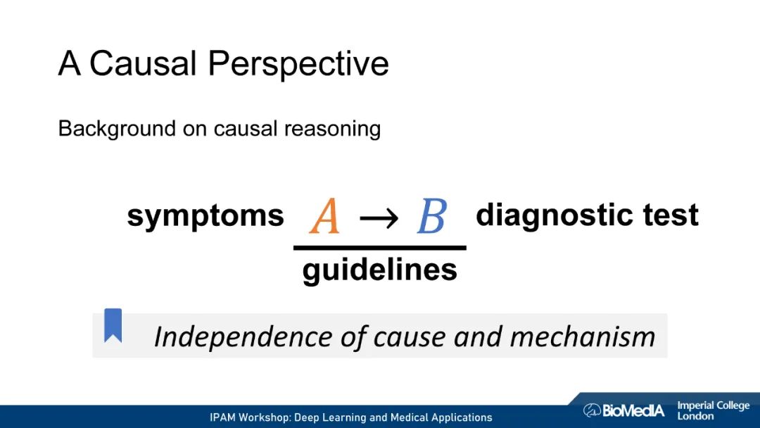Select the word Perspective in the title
pyautogui.click(x=298, y=64)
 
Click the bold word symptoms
pyautogui.click(x=205, y=216)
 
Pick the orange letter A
pyautogui.click(x=324, y=216)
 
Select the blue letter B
pyautogui.click(x=431, y=216)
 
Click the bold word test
pyautogui.click(x=669, y=215)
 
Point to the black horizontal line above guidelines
pyautogui.click(x=380, y=248)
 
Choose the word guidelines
pyautogui.click(x=380, y=270)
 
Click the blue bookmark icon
pyautogui.click(x=113, y=325)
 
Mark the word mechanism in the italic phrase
pyautogui.click(x=582, y=336)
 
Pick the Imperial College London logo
pyautogui.click(x=713, y=410)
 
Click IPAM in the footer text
pyautogui.click(x=224, y=417)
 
